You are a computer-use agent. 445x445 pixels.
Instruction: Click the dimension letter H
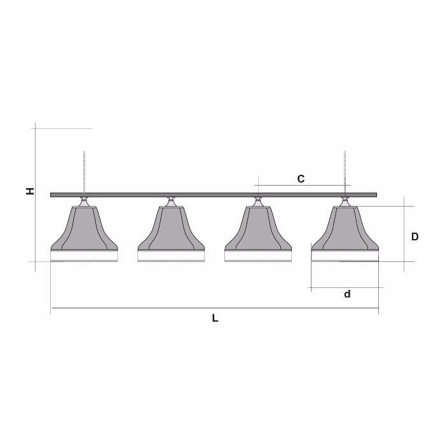(x=30, y=191)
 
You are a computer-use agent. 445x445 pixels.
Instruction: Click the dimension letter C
(x=301, y=179)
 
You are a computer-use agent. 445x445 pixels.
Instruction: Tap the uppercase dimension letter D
(x=414, y=236)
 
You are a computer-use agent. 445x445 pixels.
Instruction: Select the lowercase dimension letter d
(x=347, y=294)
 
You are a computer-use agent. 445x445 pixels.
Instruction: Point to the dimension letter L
(x=215, y=318)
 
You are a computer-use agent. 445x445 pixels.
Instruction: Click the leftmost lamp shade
(x=84, y=228)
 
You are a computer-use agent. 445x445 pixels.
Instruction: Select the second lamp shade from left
(x=171, y=228)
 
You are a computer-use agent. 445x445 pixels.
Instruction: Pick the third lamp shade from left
(x=258, y=228)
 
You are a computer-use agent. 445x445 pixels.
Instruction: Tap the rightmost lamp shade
(x=345, y=228)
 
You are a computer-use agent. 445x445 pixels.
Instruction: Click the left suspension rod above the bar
(x=84, y=172)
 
